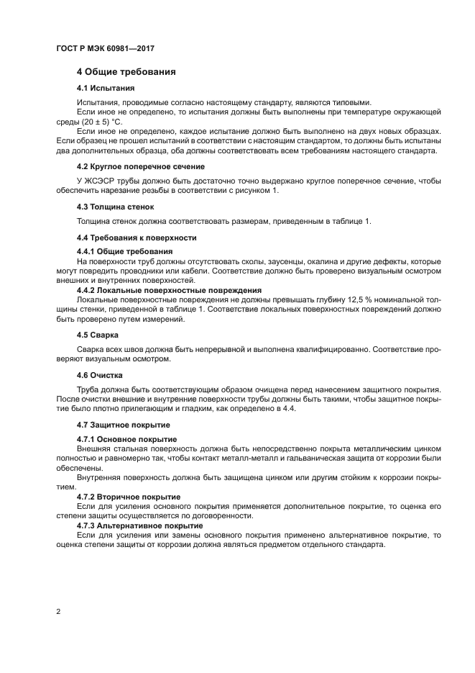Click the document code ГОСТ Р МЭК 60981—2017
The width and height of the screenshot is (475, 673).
click(105, 48)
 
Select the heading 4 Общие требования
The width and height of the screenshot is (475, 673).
click(126, 72)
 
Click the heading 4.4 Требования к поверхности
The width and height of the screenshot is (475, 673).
click(136, 238)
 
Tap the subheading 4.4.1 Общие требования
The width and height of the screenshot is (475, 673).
click(120, 250)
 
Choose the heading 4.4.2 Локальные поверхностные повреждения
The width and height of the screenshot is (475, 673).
click(158, 289)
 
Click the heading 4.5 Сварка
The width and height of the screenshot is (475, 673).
click(98, 335)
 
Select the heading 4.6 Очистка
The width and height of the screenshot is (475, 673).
click(99, 375)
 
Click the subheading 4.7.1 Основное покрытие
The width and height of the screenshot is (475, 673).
click(126, 438)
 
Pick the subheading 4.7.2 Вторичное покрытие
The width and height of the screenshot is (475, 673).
click(129, 497)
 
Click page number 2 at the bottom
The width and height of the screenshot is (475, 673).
click(58, 611)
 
